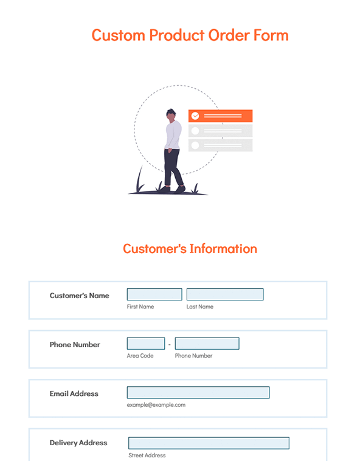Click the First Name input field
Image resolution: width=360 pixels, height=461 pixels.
[154, 294]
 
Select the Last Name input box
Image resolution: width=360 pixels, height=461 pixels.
[225, 294]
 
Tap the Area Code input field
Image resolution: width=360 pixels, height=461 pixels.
[146, 344]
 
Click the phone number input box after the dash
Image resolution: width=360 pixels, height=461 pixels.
[207, 344]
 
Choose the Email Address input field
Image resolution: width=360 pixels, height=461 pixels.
[198, 392]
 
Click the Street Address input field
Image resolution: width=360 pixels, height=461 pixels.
[209, 443]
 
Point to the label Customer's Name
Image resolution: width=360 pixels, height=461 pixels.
[79, 296]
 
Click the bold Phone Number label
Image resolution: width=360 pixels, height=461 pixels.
[75, 345]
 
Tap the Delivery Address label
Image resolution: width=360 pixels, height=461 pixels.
[78, 443]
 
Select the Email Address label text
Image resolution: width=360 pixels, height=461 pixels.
[74, 393]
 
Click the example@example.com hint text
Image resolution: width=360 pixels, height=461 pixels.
[156, 405]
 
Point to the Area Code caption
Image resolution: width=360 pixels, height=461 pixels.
[140, 356]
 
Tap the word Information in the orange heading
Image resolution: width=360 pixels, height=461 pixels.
[223, 249]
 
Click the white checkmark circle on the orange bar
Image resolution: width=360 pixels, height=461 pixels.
[195, 116]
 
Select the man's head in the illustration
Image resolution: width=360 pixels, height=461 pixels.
[171, 115]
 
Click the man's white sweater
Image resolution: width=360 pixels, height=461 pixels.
[173, 135]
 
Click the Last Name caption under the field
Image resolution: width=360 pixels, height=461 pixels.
[200, 307]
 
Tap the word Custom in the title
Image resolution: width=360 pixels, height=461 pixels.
[119, 35]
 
